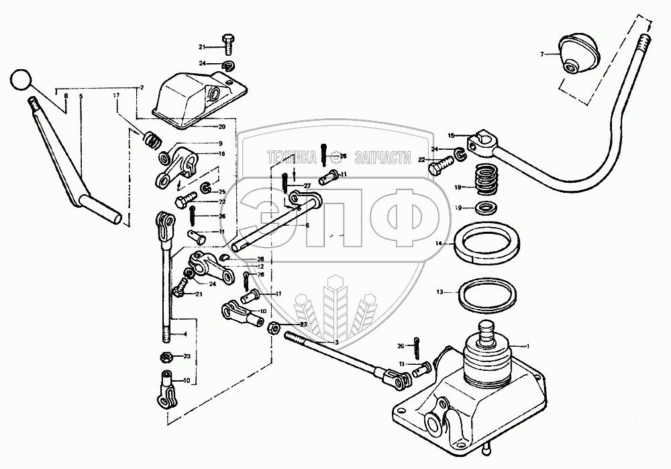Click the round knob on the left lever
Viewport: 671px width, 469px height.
click(x=20, y=81)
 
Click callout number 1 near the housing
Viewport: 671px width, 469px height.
click(x=528, y=345)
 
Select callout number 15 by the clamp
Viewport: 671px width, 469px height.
click(x=451, y=135)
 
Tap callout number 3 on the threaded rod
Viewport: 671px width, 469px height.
click(x=336, y=342)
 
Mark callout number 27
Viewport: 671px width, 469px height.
click(x=307, y=185)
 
